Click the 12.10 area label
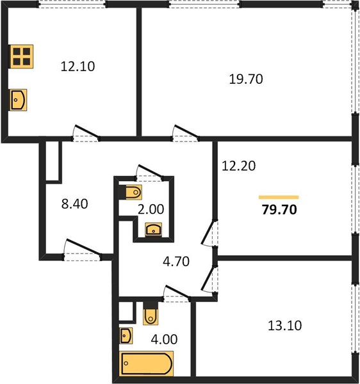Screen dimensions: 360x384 78,67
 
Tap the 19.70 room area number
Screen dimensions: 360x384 246,79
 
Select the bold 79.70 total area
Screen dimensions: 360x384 279,210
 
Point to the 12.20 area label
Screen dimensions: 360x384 238,166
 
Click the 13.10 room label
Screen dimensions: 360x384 285,326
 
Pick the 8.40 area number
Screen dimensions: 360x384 74,204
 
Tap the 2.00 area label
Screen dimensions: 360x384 151,209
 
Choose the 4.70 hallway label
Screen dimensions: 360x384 176,261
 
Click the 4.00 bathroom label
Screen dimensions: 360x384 164,340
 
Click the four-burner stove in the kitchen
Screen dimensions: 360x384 21,56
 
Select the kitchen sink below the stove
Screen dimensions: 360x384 19,100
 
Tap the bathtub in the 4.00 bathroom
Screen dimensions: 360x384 146,364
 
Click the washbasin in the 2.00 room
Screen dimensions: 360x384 153,230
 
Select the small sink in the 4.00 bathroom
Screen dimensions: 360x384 126,335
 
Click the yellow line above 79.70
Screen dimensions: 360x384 279,197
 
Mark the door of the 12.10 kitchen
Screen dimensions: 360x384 86,134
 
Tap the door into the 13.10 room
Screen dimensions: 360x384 209,279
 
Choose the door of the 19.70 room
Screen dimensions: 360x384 186,134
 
